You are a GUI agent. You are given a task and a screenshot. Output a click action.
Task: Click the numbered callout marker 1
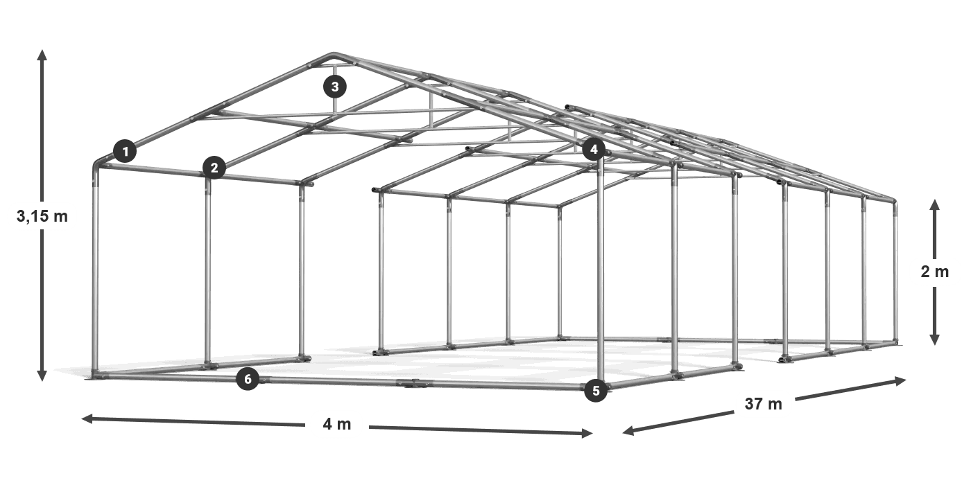tap(125, 150)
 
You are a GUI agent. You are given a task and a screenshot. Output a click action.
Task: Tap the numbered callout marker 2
tap(214, 167)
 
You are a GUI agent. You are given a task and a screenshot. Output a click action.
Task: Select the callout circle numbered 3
tap(335, 87)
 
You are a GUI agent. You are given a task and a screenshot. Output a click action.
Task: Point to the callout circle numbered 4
tap(594, 149)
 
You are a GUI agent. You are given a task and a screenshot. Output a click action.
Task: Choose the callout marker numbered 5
tap(595, 391)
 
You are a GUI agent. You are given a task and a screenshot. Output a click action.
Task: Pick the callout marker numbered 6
tap(248, 379)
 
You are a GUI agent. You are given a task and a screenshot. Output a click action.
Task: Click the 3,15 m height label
tap(42, 216)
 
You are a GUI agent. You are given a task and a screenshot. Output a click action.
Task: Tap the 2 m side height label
tap(934, 272)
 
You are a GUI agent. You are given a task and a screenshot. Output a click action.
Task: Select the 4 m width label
tap(337, 424)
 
